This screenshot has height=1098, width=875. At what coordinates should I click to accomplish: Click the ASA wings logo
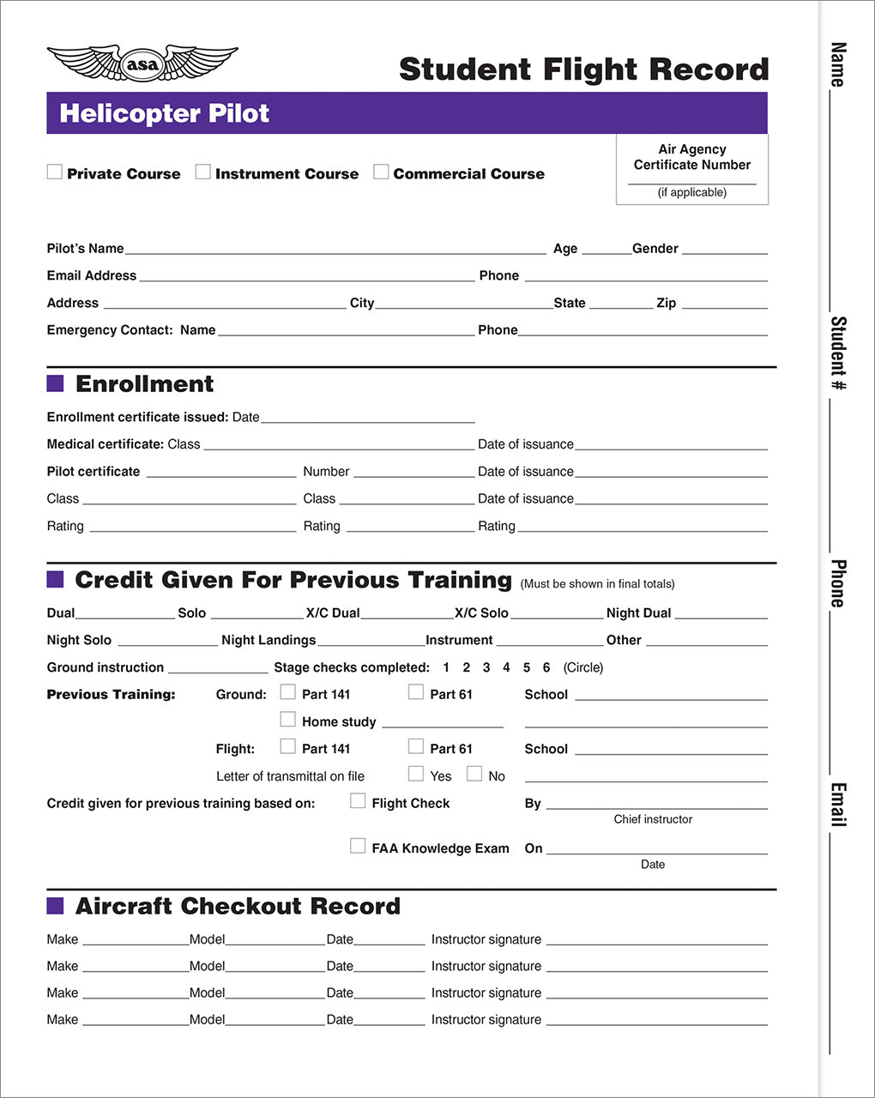142,63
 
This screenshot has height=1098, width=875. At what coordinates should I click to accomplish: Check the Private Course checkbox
55,172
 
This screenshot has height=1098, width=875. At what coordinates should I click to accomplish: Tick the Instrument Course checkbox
202,172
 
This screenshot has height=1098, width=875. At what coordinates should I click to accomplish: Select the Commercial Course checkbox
381,172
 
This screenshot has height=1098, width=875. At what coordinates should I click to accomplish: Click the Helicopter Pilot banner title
164,113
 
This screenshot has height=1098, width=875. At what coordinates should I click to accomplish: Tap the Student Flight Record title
583,69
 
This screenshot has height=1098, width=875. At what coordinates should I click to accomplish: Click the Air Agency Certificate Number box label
691,157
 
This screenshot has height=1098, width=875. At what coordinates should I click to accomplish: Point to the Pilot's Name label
85,249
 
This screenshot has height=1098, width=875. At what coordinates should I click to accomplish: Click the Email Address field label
91,275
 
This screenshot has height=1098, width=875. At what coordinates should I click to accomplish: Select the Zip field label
666,303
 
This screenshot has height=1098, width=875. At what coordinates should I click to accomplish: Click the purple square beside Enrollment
55,383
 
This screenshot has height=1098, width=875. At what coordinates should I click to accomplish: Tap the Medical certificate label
105,444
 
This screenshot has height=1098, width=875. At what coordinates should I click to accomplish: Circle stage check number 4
506,667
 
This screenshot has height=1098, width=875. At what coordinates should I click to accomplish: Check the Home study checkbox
288,719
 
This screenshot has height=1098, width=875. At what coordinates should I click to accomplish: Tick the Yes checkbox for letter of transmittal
416,774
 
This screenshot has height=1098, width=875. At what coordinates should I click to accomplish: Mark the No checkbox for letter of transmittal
474,774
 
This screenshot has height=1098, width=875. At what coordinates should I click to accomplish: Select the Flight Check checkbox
358,800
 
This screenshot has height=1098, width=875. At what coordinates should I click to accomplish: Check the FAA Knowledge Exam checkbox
358,846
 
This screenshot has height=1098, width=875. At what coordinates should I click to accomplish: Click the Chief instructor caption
653,819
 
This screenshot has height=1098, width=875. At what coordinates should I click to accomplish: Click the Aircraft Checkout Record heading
238,906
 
